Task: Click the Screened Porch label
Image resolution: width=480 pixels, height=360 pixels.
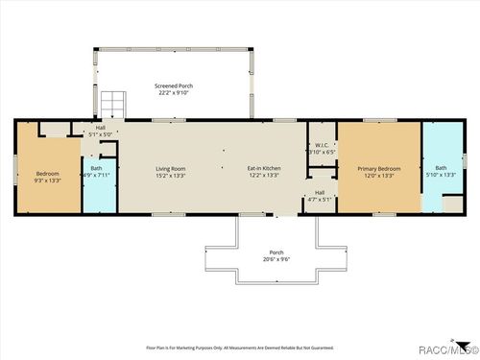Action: coord(174,86)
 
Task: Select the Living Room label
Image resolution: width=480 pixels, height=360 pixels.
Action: coord(171,169)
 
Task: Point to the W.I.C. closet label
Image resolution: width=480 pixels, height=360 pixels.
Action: coord(322,145)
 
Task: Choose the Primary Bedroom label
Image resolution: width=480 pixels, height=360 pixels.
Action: coord(378,169)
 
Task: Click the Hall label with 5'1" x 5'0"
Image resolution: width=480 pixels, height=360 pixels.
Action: coord(100,128)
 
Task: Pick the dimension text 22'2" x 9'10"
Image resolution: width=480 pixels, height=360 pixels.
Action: coord(174,94)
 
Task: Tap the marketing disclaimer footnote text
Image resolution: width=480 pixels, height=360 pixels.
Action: coord(240,347)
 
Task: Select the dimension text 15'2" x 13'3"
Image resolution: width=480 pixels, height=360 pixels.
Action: coord(171,177)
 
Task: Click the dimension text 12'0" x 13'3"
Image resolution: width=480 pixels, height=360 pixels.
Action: coord(378,177)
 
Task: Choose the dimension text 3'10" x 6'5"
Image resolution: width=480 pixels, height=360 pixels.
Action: coord(322,152)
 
